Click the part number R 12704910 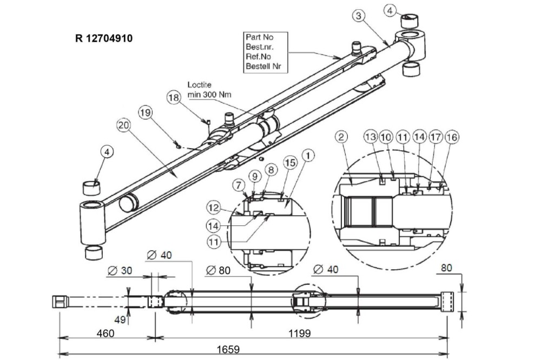click(x=103, y=38)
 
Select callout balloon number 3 click(x=359, y=16)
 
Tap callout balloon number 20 click(x=123, y=125)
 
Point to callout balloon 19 click(x=145, y=113)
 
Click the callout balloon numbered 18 click(x=174, y=98)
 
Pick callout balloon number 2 click(x=341, y=137)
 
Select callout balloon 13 click(x=371, y=137)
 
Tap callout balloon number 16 click(x=452, y=137)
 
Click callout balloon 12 click(x=214, y=208)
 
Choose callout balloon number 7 click(x=239, y=185)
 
